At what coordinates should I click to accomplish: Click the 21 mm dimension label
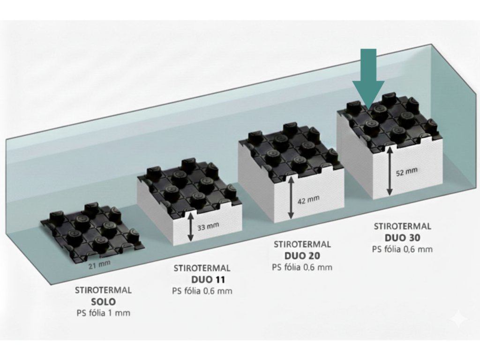99,264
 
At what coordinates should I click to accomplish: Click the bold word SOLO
103,301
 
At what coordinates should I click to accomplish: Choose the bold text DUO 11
202,280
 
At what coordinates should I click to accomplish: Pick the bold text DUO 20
302,256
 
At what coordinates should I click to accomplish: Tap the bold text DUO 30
402,238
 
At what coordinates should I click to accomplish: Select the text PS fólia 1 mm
103,313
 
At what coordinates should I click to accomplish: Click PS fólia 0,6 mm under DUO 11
202,291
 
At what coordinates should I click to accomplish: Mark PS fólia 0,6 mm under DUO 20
302,268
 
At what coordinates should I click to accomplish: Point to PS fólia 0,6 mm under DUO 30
402,249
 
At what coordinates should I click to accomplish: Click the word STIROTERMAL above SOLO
103,290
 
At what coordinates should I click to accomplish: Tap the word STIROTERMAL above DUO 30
402,226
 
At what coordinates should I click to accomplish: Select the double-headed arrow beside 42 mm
291,199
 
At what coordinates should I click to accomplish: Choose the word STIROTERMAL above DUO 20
302,244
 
